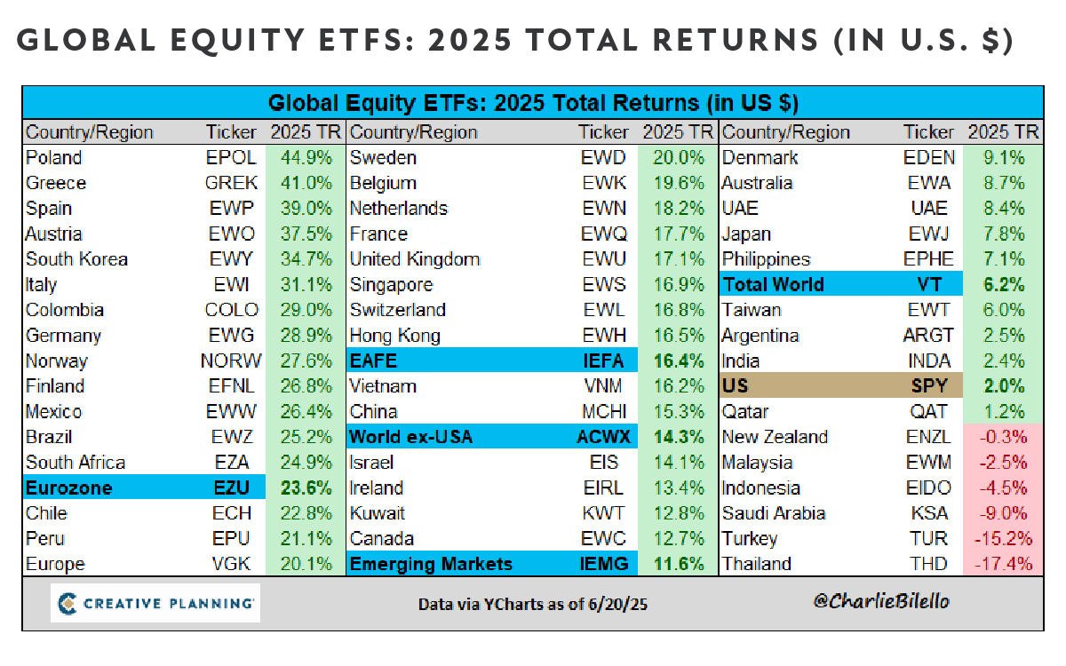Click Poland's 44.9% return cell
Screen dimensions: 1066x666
306,157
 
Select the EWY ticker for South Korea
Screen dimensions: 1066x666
231,259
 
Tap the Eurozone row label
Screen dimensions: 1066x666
69,488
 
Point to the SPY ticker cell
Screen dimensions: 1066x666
929,385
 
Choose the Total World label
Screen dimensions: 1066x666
774,284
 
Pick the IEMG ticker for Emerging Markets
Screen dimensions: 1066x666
604,564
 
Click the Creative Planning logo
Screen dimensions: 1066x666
155,603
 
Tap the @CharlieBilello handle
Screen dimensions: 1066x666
881,602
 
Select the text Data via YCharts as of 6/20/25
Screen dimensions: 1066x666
533,604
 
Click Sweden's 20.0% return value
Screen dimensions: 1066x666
678,157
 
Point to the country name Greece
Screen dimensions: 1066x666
56,183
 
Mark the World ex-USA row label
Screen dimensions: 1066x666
411,437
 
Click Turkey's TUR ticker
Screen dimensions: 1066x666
928,538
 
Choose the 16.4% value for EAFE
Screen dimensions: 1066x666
678,361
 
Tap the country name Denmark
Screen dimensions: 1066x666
760,157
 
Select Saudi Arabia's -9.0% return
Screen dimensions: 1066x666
1003,513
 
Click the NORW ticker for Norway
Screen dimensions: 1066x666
231,361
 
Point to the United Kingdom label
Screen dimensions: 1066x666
415,259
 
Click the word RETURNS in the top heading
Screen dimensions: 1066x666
736,39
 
